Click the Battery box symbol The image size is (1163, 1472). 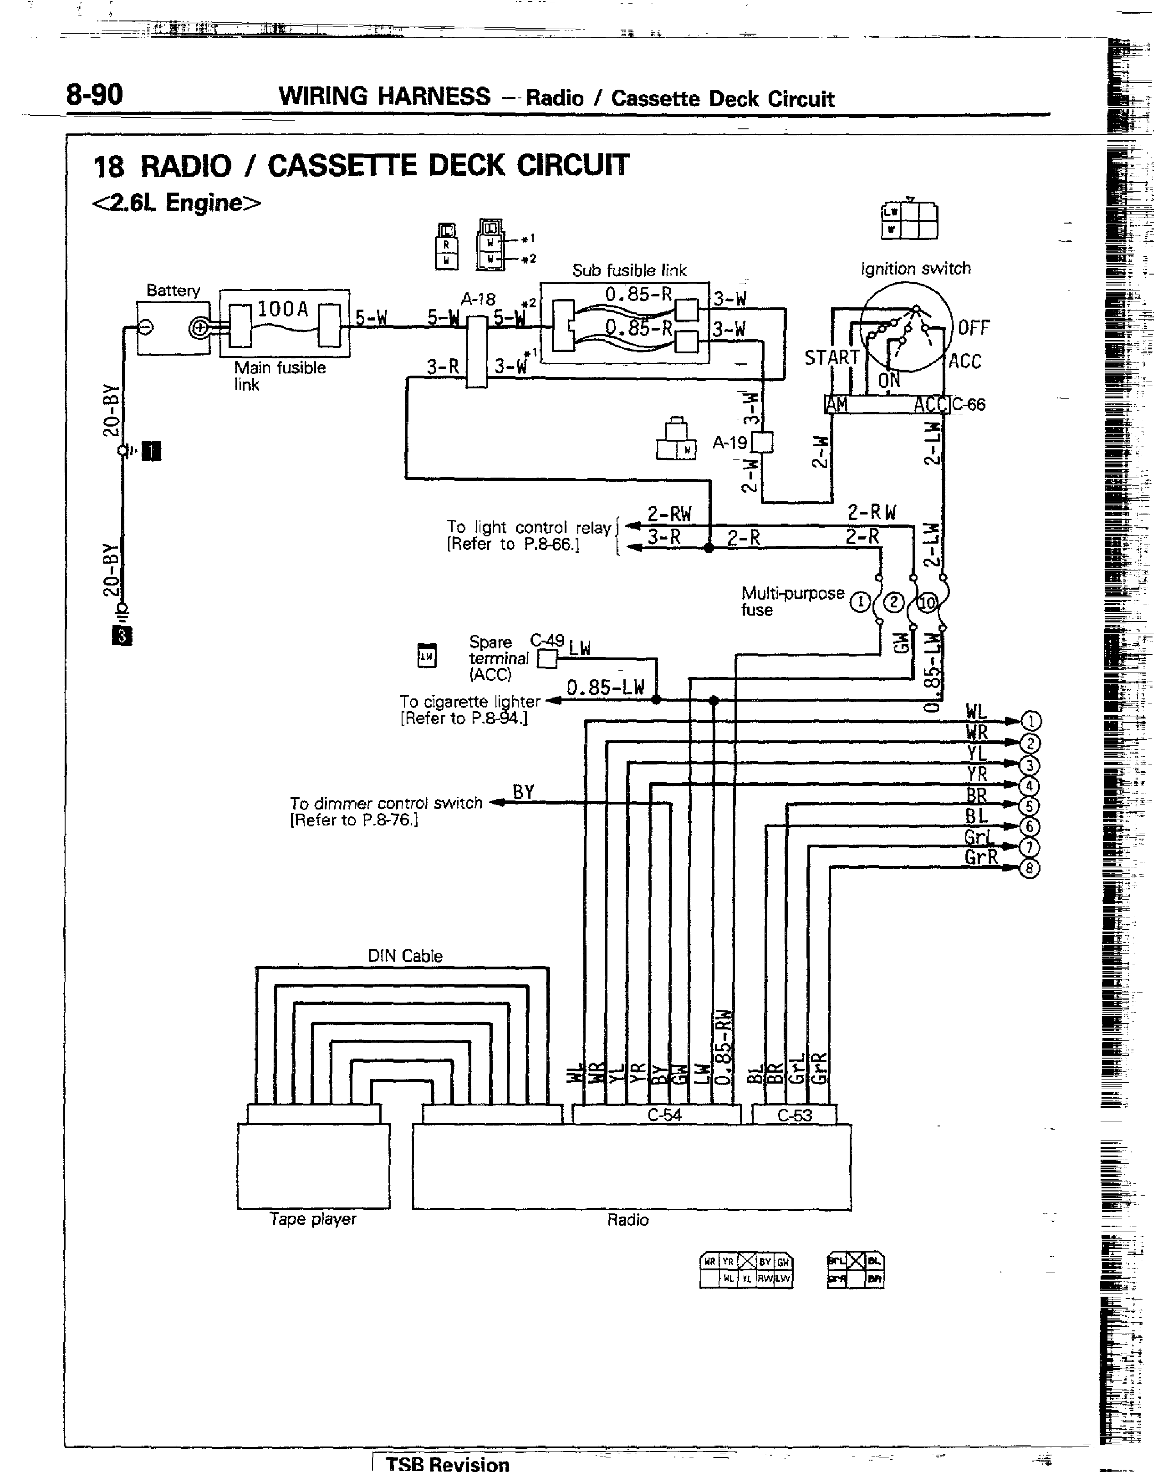pos(173,328)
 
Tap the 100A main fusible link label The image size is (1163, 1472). pos(283,309)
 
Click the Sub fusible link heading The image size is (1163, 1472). pos(629,270)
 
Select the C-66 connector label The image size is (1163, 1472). pos(968,404)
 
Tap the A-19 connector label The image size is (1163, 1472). pos(730,443)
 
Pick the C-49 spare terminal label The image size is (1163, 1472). pos(547,641)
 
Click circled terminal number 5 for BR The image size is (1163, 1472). pos(1029,807)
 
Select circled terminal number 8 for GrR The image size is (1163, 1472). pos(1029,869)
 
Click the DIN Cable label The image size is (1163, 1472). pos(405,956)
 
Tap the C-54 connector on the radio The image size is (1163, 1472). pos(664,1115)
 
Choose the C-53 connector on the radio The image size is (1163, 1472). pos(795,1115)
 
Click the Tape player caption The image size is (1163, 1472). pos(312,1219)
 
